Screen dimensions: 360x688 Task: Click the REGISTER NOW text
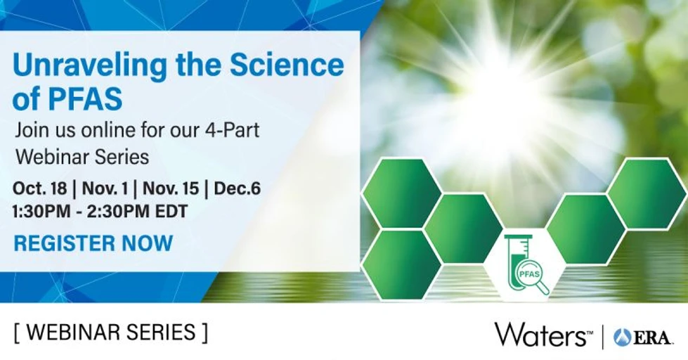(93, 243)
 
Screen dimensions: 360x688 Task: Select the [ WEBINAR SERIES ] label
(110, 331)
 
